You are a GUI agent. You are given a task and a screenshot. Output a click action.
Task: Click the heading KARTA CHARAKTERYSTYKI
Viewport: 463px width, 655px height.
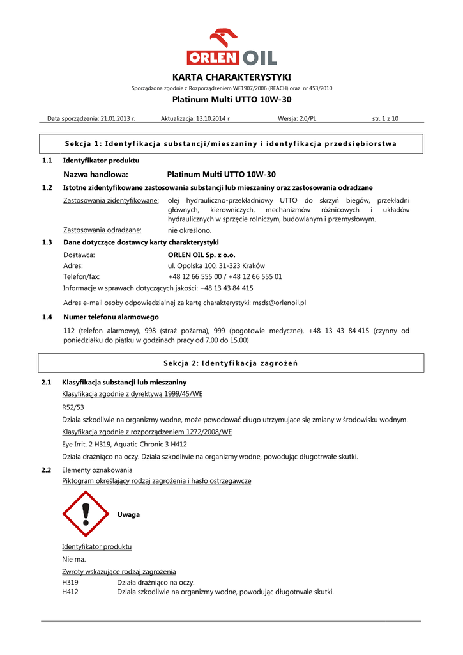coord(231,77)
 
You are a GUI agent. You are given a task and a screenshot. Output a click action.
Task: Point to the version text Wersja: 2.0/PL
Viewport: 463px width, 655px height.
coord(297,118)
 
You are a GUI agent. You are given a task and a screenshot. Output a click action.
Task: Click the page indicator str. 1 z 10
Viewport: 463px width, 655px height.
coord(385,118)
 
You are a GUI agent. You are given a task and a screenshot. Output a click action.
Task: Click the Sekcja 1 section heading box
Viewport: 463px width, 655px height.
coord(231,143)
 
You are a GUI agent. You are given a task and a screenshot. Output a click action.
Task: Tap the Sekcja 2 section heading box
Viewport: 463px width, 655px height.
coord(231,363)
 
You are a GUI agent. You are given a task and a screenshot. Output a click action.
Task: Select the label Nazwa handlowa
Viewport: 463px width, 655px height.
coord(96,174)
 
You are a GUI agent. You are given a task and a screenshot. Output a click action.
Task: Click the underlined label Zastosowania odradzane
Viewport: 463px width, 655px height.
coord(102,230)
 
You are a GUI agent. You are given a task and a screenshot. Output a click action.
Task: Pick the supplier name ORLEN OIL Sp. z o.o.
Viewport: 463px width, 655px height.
coord(202,255)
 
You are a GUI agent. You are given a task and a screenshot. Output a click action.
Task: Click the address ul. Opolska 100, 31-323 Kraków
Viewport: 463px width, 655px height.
coord(216,265)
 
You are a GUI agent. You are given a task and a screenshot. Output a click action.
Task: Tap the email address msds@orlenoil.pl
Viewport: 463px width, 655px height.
coord(280,303)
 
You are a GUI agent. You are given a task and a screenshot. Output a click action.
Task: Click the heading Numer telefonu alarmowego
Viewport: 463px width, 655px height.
coord(111,317)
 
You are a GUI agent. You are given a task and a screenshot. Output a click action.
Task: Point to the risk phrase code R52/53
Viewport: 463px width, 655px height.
coord(73,407)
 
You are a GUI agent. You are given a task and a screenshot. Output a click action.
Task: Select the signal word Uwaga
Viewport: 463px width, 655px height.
coord(128,514)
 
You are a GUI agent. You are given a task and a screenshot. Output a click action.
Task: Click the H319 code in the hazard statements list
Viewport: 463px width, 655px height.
coord(70,582)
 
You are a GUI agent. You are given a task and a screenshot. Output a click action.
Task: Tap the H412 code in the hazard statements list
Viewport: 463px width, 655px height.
coord(70,592)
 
